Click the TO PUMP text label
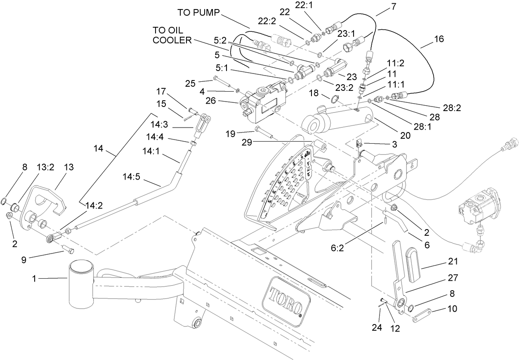pyautogui.click(x=199, y=12)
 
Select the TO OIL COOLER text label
pyautogui.click(x=172, y=35)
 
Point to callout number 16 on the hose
pyautogui.click(x=439, y=39)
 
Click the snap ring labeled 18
pyautogui.click(x=335, y=99)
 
